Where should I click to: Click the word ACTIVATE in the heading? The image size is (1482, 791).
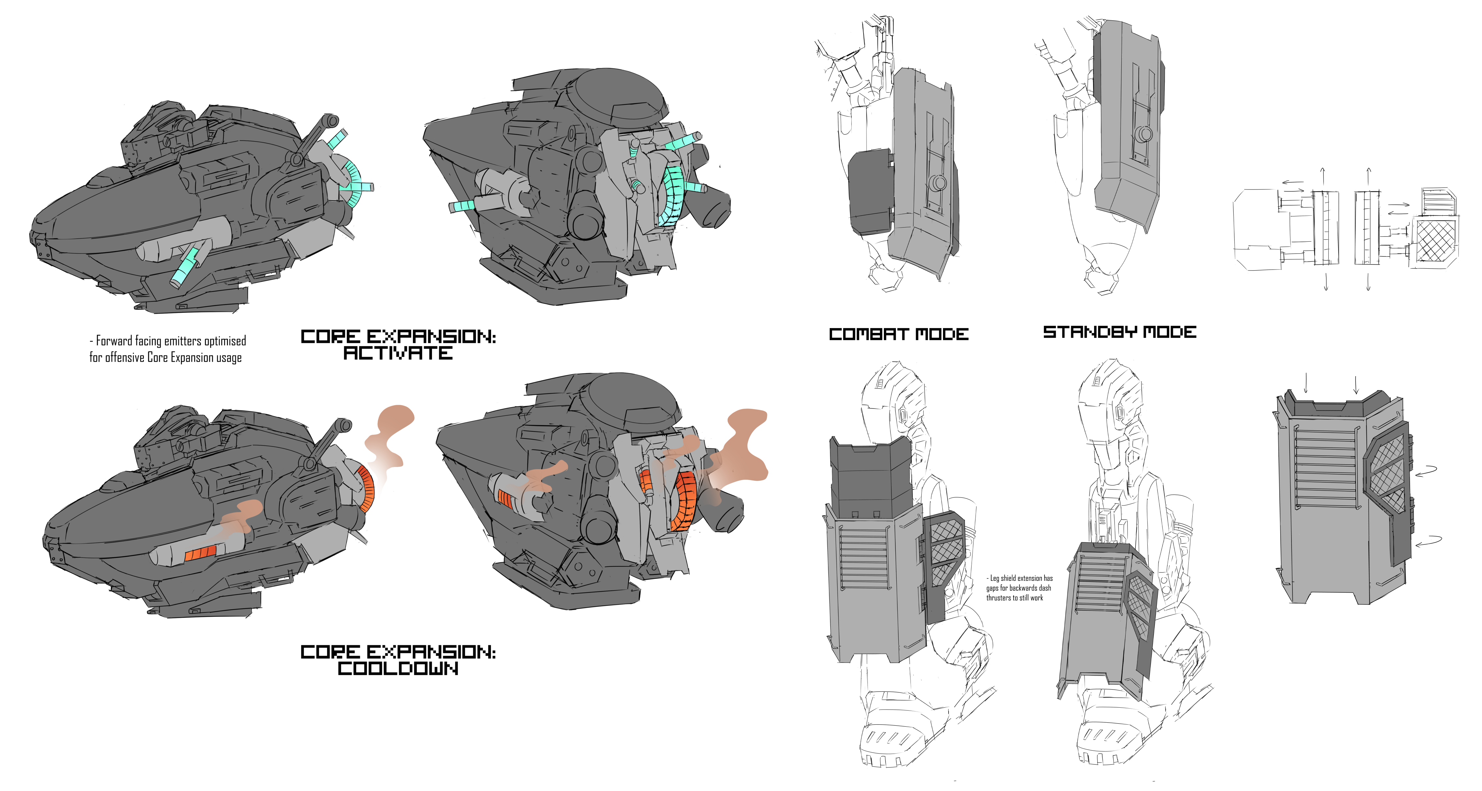(x=398, y=353)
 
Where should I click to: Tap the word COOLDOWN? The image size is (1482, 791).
(x=398, y=669)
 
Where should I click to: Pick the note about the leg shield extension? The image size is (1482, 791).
(x=1019, y=588)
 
